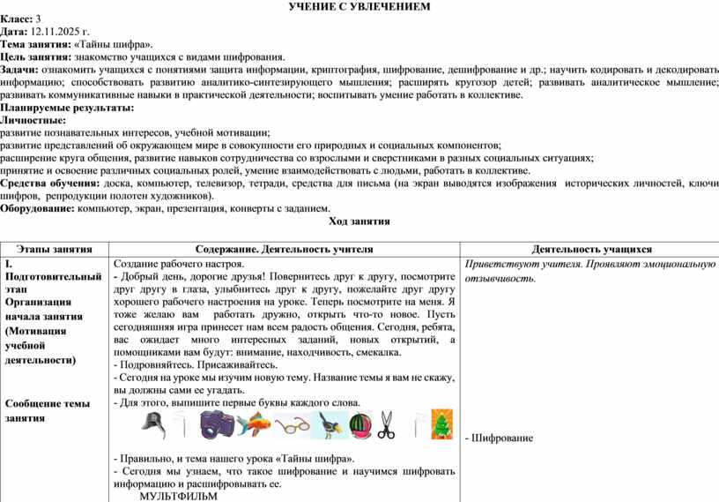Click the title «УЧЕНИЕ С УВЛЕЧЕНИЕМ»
359,7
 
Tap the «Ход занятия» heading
359,221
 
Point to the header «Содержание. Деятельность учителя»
284,250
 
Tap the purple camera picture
215,425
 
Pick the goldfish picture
256,425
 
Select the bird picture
331,425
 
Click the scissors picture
387,425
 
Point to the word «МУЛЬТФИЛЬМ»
178,496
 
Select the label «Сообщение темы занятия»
47,410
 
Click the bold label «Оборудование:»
37,209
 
